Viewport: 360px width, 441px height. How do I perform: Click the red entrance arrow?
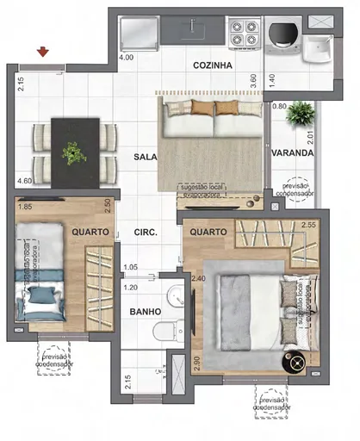43,54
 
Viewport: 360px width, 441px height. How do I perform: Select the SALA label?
144,157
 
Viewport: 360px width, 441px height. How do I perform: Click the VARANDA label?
292,153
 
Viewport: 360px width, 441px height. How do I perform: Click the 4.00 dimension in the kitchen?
126,58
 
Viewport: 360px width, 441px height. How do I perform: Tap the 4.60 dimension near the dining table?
25,181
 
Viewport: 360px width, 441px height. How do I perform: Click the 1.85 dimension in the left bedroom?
25,207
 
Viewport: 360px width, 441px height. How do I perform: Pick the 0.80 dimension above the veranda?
279,106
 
